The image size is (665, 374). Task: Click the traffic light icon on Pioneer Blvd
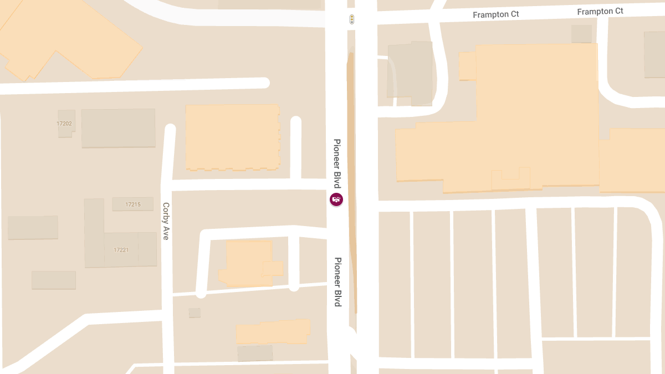(351, 20)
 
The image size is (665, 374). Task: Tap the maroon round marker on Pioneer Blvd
(336, 199)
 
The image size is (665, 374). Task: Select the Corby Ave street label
(166, 221)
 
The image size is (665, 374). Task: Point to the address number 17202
(64, 124)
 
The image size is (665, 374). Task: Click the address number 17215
(133, 204)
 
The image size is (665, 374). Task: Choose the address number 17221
(121, 250)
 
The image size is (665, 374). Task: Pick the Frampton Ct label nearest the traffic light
(495, 14)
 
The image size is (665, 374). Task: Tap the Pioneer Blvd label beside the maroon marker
(336, 163)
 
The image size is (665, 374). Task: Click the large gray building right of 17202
(118, 128)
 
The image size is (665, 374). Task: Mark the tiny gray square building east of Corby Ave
(195, 313)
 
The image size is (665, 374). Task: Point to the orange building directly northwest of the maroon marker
(232, 136)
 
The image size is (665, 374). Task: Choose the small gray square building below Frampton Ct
(581, 34)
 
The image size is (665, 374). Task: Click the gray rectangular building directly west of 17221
(33, 228)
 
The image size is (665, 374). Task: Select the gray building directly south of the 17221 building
(54, 280)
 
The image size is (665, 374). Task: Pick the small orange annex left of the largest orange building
(467, 66)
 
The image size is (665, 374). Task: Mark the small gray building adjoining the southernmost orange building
(255, 353)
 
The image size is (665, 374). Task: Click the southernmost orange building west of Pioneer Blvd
(272, 332)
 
